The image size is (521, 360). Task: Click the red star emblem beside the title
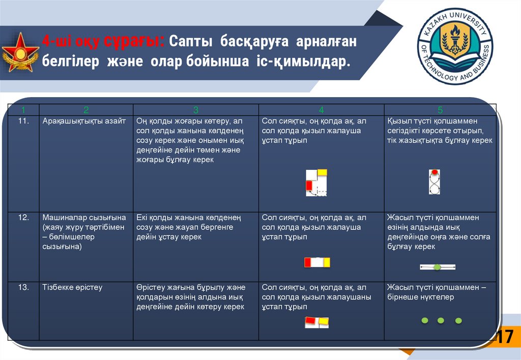tap(20, 52)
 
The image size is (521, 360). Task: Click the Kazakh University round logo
tap(454, 46)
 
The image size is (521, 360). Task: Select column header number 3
tap(195, 110)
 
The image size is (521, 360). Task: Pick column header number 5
tap(440, 110)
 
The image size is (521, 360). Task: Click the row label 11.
tap(23, 121)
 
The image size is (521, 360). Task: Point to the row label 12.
tap(23, 218)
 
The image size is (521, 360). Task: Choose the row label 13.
tap(23, 288)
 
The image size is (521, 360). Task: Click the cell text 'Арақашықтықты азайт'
tap(84, 121)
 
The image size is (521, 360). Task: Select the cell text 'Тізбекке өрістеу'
tap(72, 288)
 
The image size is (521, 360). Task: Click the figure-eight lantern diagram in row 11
tap(434, 182)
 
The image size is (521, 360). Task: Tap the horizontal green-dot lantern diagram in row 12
tap(437, 267)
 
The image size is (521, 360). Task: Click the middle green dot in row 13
tap(441, 320)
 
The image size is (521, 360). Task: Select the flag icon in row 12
tap(317, 262)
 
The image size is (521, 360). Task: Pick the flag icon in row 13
tap(316, 322)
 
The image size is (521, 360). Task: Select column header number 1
tap(23, 110)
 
